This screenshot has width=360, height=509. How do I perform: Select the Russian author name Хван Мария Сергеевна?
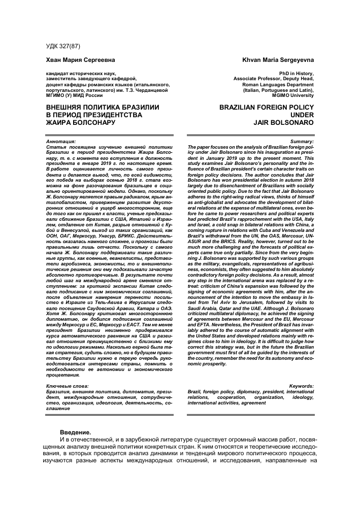pos(72,60)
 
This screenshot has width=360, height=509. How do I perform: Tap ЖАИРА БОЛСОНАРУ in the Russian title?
pos(77,122)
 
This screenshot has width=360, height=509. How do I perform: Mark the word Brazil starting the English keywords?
pos(194,392)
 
